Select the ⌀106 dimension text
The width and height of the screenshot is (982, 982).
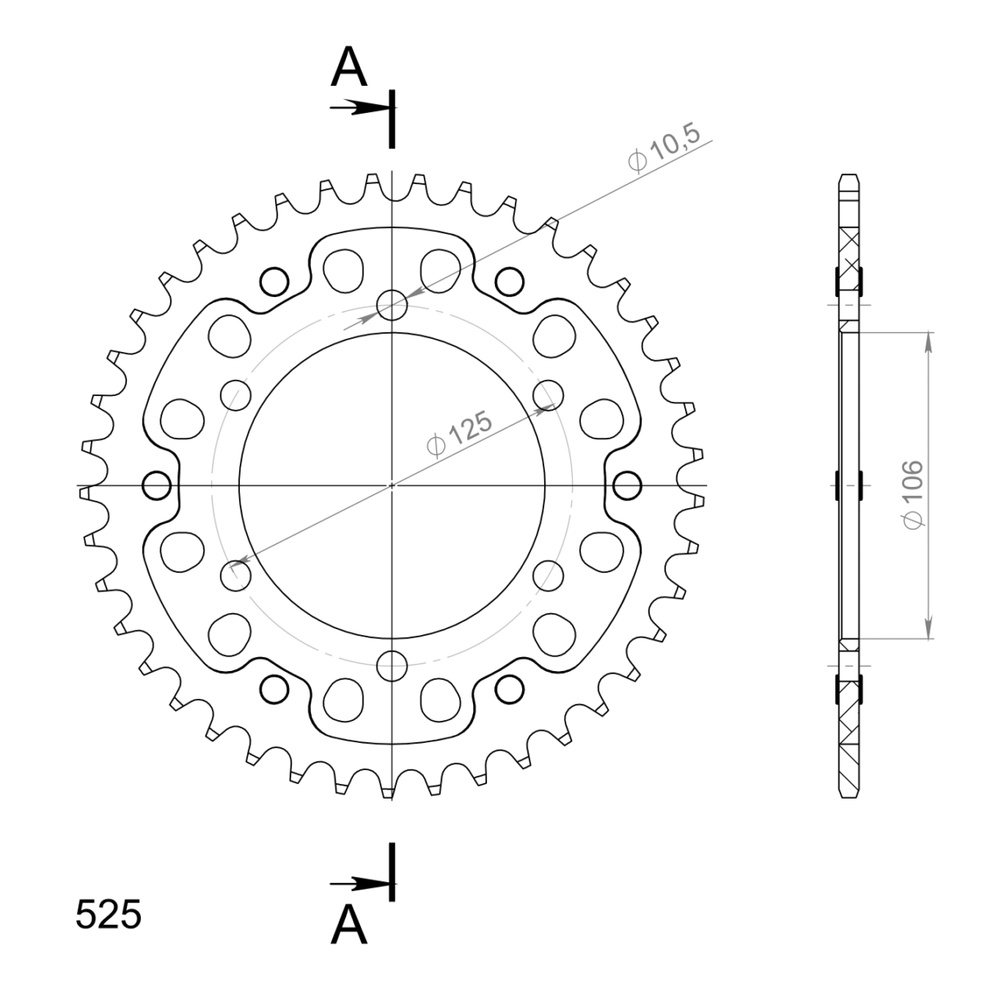coord(912,495)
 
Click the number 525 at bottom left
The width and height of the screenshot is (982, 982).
coord(109,915)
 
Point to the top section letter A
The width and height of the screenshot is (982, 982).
coord(349,67)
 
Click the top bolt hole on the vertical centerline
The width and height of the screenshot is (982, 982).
coord(392,305)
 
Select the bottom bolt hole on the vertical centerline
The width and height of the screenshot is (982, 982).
coord(392,666)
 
